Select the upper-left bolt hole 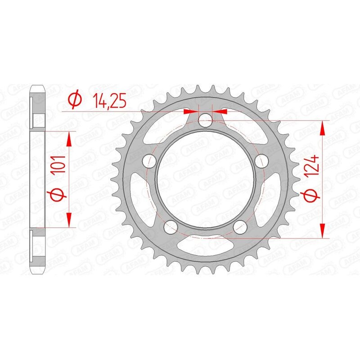click(x=149, y=161)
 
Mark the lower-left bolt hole click(x=171, y=227)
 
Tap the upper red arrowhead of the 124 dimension click(x=322, y=128)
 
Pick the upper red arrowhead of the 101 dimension click(x=69, y=139)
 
